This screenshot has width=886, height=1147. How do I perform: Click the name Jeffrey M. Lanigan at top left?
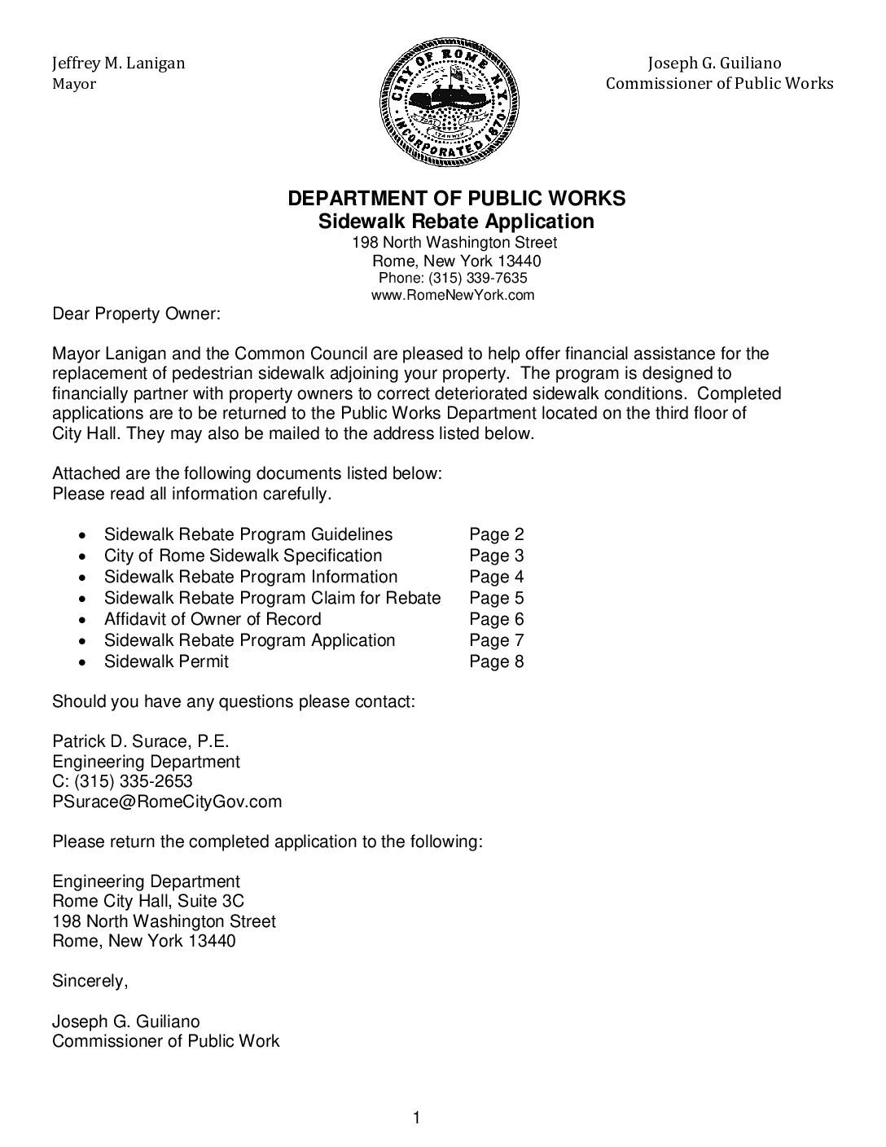coord(118,64)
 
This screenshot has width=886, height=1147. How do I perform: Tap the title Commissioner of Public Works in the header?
coord(719,84)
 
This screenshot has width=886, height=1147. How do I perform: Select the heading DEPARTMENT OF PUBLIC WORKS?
coord(457,199)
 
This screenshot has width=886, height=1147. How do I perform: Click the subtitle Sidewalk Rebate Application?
coord(455,222)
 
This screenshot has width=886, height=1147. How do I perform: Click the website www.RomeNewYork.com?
coord(453,296)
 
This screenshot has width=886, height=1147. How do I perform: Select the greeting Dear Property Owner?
coord(136,314)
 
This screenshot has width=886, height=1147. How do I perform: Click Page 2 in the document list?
coord(496,535)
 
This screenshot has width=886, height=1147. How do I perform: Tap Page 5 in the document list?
coord(496,599)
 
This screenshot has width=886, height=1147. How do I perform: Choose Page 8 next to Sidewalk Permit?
coord(496,662)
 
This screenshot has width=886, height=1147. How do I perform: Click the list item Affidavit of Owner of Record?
coord(213,620)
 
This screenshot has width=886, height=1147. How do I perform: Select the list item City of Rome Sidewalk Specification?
coord(243,556)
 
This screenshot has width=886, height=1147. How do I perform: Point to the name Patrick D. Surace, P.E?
coord(141,742)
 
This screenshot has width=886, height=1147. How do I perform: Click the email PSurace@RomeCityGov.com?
coord(167,802)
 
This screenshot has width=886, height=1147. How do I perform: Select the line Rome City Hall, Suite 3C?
coord(148,902)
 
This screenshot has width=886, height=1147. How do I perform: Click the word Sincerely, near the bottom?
coord(90,982)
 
